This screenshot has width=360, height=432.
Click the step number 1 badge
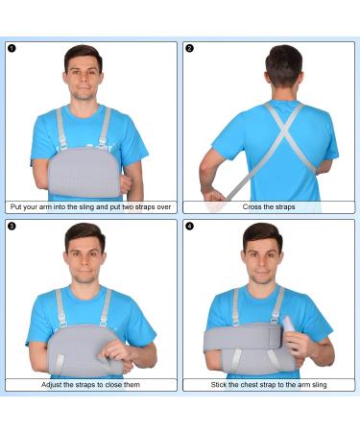coord(12,48)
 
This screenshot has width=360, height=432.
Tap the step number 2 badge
coord(189,48)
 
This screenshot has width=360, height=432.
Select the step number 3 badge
coord(12,227)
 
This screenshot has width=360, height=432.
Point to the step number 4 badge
coord(189,227)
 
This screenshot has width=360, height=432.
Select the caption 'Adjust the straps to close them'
coord(91,384)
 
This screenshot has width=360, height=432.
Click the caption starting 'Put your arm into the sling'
coord(91,206)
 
